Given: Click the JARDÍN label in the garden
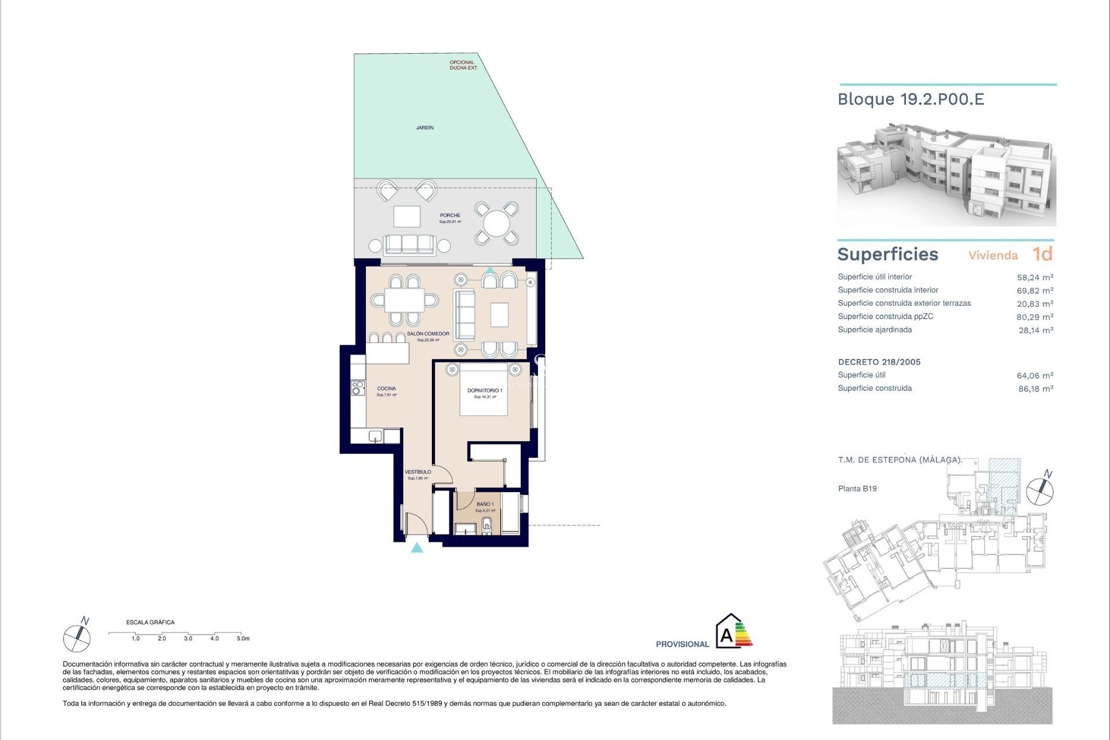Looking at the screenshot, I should (x=424, y=127).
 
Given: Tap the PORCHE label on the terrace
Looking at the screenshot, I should (x=450, y=216).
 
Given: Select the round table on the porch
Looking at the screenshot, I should (x=496, y=223).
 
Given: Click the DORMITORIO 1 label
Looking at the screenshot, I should (x=484, y=391).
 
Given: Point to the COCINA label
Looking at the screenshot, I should (x=386, y=388).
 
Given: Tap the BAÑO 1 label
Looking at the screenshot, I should (x=484, y=504).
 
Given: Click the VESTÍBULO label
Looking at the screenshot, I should (x=417, y=472).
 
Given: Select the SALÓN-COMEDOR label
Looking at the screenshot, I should (x=428, y=334).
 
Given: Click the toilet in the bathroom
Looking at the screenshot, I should (x=487, y=526).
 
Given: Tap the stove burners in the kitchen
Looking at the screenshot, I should (x=358, y=387).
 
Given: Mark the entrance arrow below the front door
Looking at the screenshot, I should (x=417, y=547).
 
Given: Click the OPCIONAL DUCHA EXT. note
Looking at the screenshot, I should (x=463, y=65).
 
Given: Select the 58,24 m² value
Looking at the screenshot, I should (x=1034, y=277).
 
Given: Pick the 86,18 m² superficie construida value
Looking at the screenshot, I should (x=1035, y=389).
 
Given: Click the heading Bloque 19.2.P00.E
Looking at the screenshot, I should (x=911, y=99).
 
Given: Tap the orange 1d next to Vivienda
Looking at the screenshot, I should (x=1042, y=254).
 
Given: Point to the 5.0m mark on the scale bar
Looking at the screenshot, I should (x=243, y=638).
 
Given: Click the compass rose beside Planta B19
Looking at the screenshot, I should (x=1039, y=491).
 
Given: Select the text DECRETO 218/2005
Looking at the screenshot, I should (x=879, y=362).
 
